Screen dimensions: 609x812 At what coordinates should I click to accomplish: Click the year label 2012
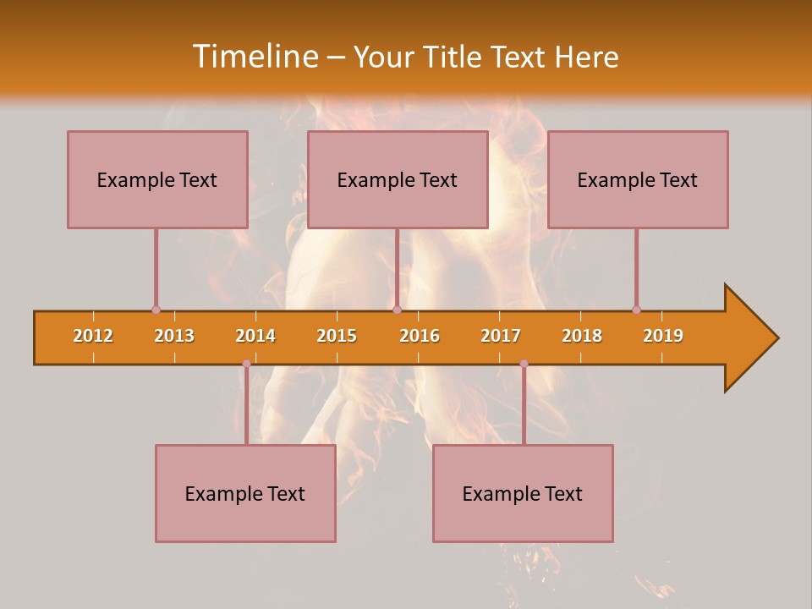[93, 336]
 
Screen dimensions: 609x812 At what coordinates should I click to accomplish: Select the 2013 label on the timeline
[174, 336]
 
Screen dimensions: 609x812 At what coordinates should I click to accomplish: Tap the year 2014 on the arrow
[255, 336]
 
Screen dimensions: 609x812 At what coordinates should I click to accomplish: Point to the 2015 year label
[337, 336]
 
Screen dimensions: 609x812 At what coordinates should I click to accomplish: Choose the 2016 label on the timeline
[420, 336]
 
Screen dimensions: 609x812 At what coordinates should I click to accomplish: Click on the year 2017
[501, 336]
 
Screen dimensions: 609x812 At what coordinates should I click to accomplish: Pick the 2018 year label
[582, 336]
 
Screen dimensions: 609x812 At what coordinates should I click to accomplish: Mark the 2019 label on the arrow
[663, 336]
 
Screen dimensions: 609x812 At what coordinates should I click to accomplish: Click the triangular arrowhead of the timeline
[749, 338]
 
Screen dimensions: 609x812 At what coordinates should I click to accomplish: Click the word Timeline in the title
[254, 57]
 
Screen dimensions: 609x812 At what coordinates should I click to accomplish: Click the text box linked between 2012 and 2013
[157, 179]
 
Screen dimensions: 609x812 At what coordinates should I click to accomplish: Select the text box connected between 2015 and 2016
[398, 179]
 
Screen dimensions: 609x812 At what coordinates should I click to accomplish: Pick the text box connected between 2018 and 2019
[638, 179]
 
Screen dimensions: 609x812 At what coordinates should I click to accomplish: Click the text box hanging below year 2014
[245, 493]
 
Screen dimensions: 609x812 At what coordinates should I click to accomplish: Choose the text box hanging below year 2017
[523, 493]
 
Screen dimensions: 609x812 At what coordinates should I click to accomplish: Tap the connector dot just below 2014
[246, 364]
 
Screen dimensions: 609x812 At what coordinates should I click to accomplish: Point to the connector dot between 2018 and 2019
[636, 310]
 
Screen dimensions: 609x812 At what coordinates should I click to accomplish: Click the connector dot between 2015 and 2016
[397, 310]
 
